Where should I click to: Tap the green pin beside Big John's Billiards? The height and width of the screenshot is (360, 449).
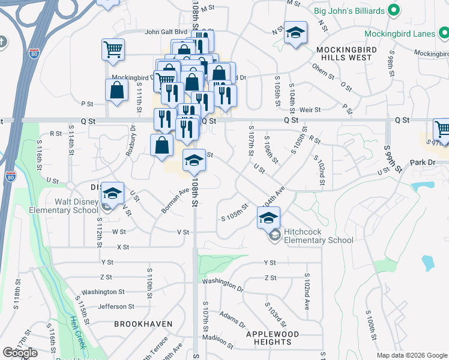pos(394,10)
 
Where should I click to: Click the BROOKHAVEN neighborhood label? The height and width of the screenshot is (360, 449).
pos(143,324)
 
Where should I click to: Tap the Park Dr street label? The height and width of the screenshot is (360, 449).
pos(421,163)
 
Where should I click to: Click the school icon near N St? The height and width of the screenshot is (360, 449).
pos(295,34)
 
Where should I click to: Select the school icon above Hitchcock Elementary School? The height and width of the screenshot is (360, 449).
pos(269,218)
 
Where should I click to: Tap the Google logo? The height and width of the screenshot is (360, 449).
pos(20,353)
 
